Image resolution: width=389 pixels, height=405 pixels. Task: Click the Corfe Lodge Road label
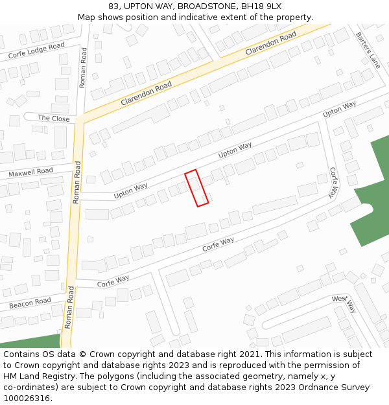[x=36, y=51]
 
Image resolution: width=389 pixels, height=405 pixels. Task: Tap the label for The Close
[x=53, y=118]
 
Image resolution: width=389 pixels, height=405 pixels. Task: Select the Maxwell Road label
[x=30, y=172]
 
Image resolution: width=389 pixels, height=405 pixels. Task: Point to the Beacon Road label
[x=30, y=303]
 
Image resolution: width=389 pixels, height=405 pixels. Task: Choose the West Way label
[x=344, y=302]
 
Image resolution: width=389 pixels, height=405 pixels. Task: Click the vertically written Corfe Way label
[x=333, y=183]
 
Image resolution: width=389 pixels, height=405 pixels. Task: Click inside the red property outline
[x=196, y=189]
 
